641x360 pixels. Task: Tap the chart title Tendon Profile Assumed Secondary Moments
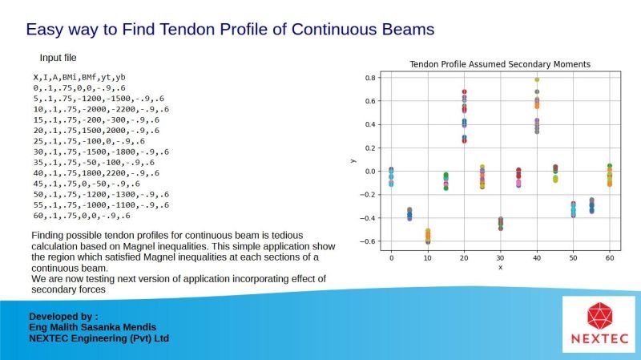500,64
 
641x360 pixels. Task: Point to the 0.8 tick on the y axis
371,78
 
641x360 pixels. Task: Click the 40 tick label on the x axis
537,258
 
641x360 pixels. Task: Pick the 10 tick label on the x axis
428,258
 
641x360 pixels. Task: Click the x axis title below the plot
500,268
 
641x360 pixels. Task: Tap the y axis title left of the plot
353,161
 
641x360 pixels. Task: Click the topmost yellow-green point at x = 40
537,79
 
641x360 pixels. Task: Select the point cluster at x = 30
500,224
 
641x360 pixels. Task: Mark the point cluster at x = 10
428,237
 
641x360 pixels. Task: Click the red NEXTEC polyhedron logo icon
599,316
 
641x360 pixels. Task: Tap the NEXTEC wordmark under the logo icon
599,339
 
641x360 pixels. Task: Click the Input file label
58,58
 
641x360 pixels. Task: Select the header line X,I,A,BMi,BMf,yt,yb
79,77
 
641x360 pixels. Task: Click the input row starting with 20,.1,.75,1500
96,131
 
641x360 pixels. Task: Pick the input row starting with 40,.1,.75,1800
96,173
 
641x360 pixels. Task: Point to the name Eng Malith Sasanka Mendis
92,327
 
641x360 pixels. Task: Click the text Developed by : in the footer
63,317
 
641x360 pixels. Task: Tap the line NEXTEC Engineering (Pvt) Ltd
99,338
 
